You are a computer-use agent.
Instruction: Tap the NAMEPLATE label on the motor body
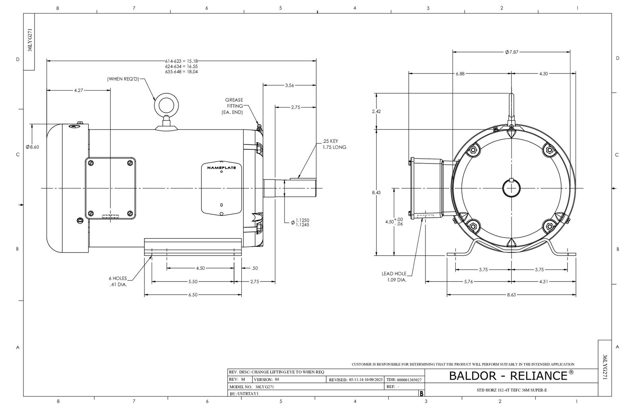pyautogui.click(x=221, y=168)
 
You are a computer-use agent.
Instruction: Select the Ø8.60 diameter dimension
pyautogui.click(x=33, y=147)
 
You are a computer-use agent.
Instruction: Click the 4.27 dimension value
pyautogui.click(x=79, y=91)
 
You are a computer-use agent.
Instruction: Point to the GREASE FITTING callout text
pyautogui.click(x=234, y=106)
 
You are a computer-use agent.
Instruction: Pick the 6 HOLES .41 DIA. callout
pyautogui.click(x=118, y=281)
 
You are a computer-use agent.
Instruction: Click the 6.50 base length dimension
pyautogui.click(x=192, y=295)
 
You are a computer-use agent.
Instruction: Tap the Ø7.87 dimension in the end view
pyautogui.click(x=512, y=52)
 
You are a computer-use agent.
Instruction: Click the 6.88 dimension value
pyautogui.click(x=460, y=73)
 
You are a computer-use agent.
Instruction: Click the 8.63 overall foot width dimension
pyautogui.click(x=512, y=295)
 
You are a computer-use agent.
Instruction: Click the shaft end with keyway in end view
pyautogui.click(x=512, y=188)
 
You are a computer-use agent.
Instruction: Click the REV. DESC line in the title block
pyautogui.click(x=277, y=372)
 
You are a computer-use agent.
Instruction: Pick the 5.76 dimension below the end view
pyautogui.click(x=469, y=282)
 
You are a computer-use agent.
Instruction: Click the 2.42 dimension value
pyautogui.click(x=376, y=112)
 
